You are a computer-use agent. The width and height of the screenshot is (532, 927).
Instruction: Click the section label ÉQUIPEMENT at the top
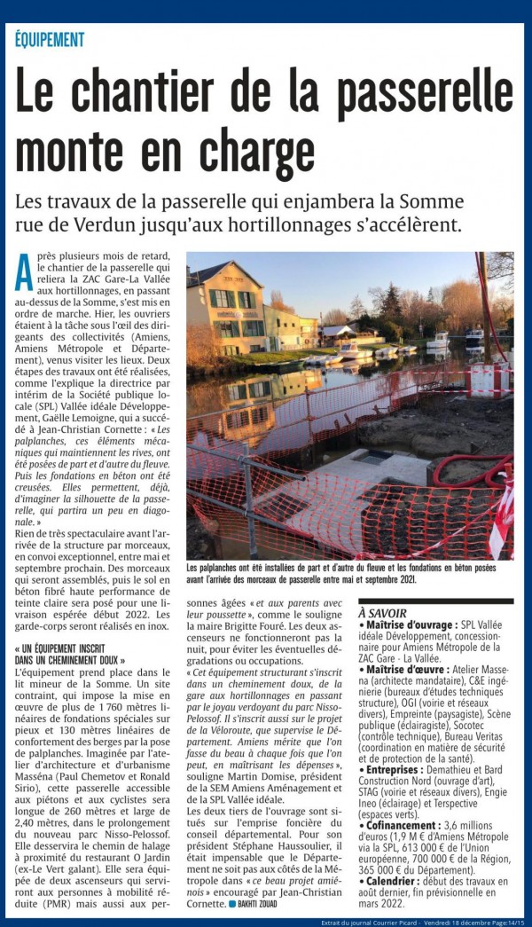click(x=50, y=40)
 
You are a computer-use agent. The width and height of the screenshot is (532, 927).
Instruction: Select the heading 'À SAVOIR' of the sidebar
click(x=382, y=613)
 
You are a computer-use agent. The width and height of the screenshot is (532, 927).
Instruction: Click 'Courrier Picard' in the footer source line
click(x=400, y=922)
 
